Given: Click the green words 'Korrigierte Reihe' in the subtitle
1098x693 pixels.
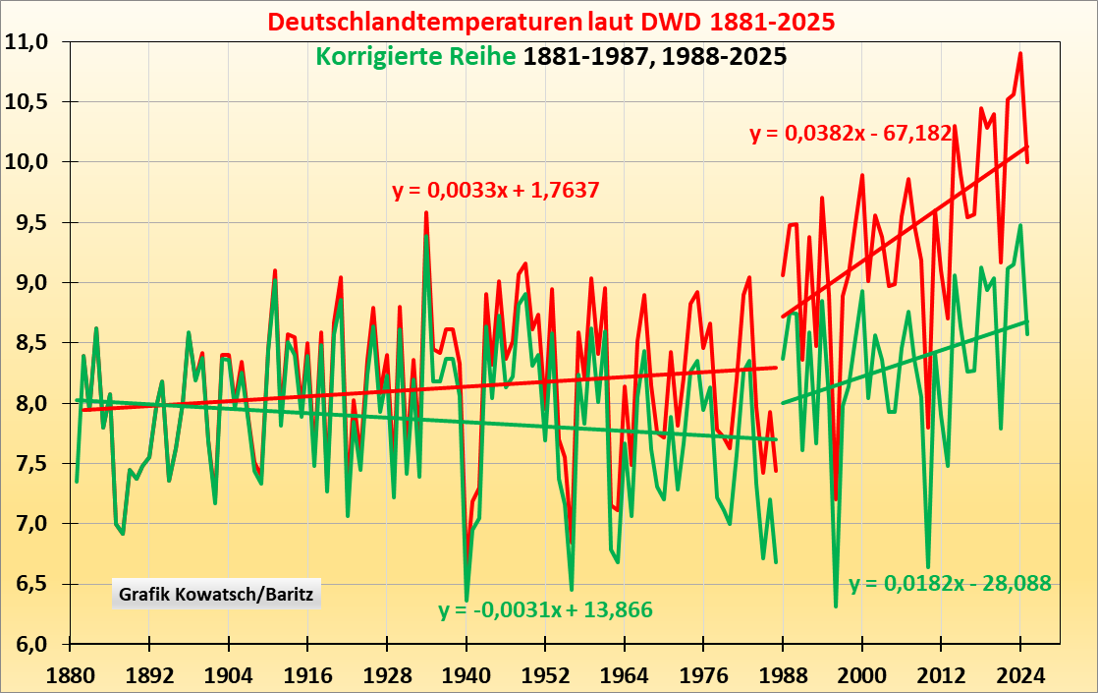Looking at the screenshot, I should tap(415, 56).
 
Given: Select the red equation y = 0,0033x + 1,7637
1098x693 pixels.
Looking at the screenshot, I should tap(496, 190).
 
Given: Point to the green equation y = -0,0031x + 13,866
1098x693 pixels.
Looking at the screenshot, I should tap(546, 610).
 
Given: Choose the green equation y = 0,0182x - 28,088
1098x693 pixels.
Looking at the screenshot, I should tap(950, 583).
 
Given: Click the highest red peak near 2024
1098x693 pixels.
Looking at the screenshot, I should tap(1020, 54).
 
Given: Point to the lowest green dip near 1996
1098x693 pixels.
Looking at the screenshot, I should tap(836, 606).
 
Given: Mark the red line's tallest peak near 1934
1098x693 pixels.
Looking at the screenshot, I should tap(426, 212).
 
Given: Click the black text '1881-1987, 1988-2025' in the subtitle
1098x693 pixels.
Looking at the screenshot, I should tap(655, 56).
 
